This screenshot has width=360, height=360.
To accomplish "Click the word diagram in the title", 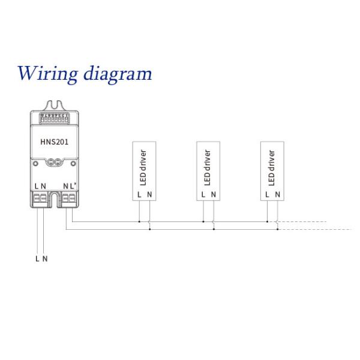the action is point(118,74).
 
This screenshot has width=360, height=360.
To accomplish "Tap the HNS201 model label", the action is point(55,142).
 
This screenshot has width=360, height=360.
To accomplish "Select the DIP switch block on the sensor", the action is point(55,118).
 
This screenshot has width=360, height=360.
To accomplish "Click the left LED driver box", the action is point(144,171).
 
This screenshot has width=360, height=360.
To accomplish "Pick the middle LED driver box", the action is point(208,171).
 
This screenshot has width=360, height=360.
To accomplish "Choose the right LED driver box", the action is point(272,171).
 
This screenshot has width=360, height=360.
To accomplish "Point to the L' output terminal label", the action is point(73,186).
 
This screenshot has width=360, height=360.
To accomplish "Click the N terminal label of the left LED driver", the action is point(149,194).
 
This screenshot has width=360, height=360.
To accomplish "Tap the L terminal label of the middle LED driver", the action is point(203,194).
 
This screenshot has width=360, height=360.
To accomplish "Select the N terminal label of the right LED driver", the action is point(278,194).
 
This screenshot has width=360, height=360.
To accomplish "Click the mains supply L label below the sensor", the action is point(37,259).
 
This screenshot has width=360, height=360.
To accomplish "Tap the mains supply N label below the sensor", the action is point(45,259).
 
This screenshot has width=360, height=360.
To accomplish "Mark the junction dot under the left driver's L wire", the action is point(139,222).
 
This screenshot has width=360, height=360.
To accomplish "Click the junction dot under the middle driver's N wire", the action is point(214,229).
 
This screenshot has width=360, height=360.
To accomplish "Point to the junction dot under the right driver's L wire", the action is point(267,222).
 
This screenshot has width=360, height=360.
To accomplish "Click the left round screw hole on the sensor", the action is point(35,164).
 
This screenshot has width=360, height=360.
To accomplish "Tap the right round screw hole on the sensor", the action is point(73,164).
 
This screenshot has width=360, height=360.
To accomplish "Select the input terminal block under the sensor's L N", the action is point(40,198).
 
